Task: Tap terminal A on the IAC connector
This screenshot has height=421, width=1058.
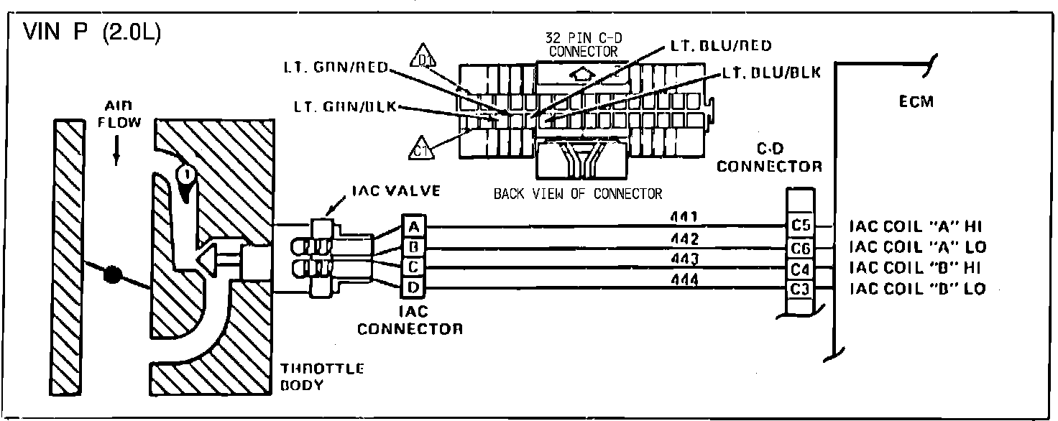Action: click(x=413, y=227)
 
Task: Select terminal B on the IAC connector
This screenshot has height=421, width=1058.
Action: click(x=413, y=247)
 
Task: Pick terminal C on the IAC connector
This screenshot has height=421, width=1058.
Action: click(x=413, y=267)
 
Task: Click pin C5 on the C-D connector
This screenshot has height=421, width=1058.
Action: click(x=800, y=226)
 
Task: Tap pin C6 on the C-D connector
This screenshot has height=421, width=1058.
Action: click(x=800, y=247)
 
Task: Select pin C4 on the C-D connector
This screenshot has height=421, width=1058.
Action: click(x=800, y=268)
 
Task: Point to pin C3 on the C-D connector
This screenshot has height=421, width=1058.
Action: click(x=800, y=288)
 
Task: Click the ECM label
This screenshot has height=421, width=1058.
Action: click(x=916, y=102)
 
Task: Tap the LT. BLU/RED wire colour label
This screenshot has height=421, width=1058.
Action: click(x=719, y=46)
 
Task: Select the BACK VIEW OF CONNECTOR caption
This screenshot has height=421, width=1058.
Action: click(x=577, y=193)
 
